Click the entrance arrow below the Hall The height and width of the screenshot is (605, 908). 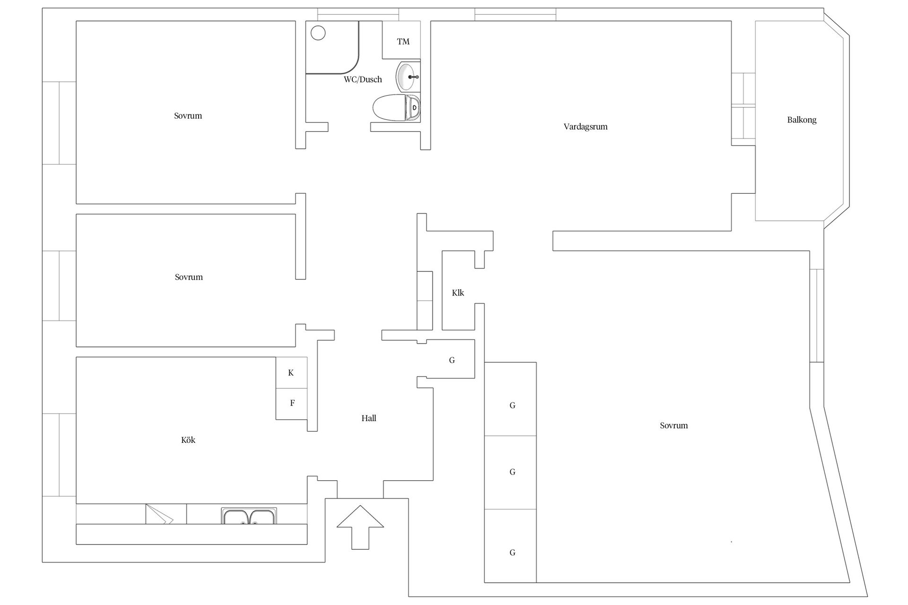coord(360,527)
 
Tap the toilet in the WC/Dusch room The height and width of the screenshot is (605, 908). coord(396,108)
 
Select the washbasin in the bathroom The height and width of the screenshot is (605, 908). coord(408,76)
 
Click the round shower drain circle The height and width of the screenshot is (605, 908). coord(318,33)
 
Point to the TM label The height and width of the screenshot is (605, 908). coord(403,42)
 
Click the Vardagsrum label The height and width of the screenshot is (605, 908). coord(585,127)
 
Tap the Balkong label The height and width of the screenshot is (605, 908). coord(802,120)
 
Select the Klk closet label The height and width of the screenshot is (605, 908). coord(458,293)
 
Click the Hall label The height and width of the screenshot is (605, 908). coord(369,418)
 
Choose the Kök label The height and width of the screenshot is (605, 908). coord(188,440)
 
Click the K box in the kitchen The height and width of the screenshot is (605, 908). coord(291,372)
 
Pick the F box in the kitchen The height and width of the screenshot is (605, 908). coord(292,404)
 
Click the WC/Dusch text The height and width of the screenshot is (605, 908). coord(363,79)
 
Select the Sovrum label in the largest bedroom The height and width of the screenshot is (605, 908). coord(674,425)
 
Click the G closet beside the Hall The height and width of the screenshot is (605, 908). coord(452,360)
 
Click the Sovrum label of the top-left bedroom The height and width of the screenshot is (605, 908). coord(188,116)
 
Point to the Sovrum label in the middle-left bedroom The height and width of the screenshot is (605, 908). coord(189,277)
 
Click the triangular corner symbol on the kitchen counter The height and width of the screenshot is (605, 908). coord(159,515)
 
